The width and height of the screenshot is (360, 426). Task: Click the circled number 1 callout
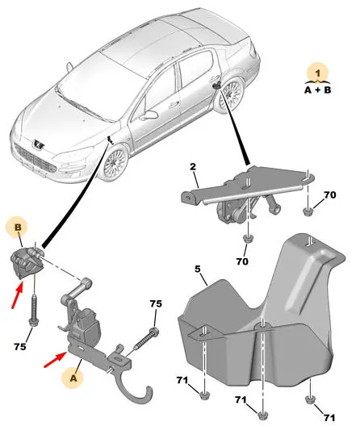[x=317, y=73]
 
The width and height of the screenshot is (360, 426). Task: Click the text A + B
[x=317, y=90]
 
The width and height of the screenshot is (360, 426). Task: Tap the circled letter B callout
[x=18, y=228]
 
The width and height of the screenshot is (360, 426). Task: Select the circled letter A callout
[x=73, y=378]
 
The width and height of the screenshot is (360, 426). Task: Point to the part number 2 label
[x=193, y=166]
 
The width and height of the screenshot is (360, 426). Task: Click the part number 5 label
[x=198, y=269]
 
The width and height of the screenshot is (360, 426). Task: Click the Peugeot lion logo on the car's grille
[x=37, y=144]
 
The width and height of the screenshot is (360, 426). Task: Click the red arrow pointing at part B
[x=17, y=294]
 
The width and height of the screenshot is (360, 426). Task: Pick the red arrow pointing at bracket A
[x=56, y=359]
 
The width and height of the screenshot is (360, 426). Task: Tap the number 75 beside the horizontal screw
[x=156, y=303]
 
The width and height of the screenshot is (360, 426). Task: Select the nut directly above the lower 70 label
[x=248, y=238]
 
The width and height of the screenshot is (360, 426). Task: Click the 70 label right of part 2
[x=330, y=194]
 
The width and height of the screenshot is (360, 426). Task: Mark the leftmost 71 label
[x=182, y=380]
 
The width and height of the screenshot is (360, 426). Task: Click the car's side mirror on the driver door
[x=150, y=115]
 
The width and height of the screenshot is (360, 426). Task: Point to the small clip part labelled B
[x=25, y=263]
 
